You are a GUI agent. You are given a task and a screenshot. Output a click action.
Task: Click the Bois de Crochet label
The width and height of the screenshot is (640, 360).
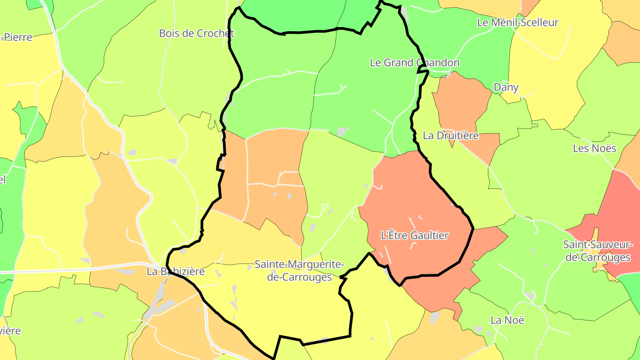pyautogui.click(x=196, y=33)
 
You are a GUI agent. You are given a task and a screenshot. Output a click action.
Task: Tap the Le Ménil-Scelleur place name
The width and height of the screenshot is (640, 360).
pyautogui.click(x=517, y=22)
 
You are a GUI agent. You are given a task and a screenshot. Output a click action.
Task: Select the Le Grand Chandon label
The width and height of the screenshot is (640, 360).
pyautogui.click(x=415, y=63)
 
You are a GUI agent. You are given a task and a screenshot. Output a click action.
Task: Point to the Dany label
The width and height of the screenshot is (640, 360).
pyautogui.click(x=506, y=87)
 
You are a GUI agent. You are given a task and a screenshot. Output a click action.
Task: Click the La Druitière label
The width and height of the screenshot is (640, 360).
pyautogui.click(x=451, y=136)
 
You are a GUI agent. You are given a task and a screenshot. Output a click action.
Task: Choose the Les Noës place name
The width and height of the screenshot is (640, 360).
pyautogui.click(x=595, y=148)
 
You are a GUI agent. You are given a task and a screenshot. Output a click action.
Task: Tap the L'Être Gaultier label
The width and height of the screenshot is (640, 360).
pyautogui.click(x=415, y=236)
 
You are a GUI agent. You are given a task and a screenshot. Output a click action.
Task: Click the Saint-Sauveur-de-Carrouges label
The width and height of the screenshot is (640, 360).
pyautogui.click(x=597, y=251)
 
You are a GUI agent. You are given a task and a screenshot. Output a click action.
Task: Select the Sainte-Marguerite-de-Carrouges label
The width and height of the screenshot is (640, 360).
pyautogui.click(x=299, y=271)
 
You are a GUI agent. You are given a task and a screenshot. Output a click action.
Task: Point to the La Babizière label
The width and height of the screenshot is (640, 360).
pyautogui.click(x=176, y=272)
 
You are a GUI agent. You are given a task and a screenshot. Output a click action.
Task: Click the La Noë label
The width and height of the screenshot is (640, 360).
pyautogui.click(x=508, y=320)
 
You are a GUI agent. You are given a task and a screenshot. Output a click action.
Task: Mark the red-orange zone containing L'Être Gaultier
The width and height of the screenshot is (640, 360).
pyautogui.click(x=400, y=196)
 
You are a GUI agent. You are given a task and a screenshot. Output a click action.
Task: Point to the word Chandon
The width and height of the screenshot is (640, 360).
pyautogui.click(x=438, y=63)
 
